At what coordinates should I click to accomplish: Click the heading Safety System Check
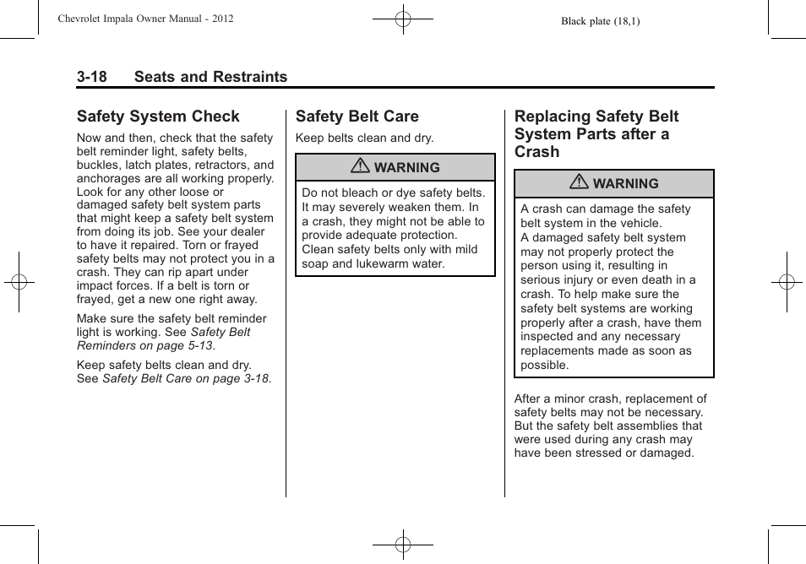158,117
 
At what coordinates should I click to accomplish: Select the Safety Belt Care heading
357,117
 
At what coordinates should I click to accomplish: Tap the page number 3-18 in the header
92,77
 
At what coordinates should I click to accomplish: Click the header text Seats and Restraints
210,77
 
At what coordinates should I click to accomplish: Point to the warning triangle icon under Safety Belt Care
361,167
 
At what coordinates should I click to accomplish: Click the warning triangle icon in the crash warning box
580,183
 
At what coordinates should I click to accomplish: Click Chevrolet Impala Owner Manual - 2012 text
145,19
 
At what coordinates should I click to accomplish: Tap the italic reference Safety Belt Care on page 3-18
186,379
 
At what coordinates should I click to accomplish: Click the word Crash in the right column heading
537,152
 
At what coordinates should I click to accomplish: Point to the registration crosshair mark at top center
403,19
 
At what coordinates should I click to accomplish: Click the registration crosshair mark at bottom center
403,545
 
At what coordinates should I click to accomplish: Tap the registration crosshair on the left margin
19,282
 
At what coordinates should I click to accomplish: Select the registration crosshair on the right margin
787,282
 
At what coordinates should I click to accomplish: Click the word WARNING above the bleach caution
406,168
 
